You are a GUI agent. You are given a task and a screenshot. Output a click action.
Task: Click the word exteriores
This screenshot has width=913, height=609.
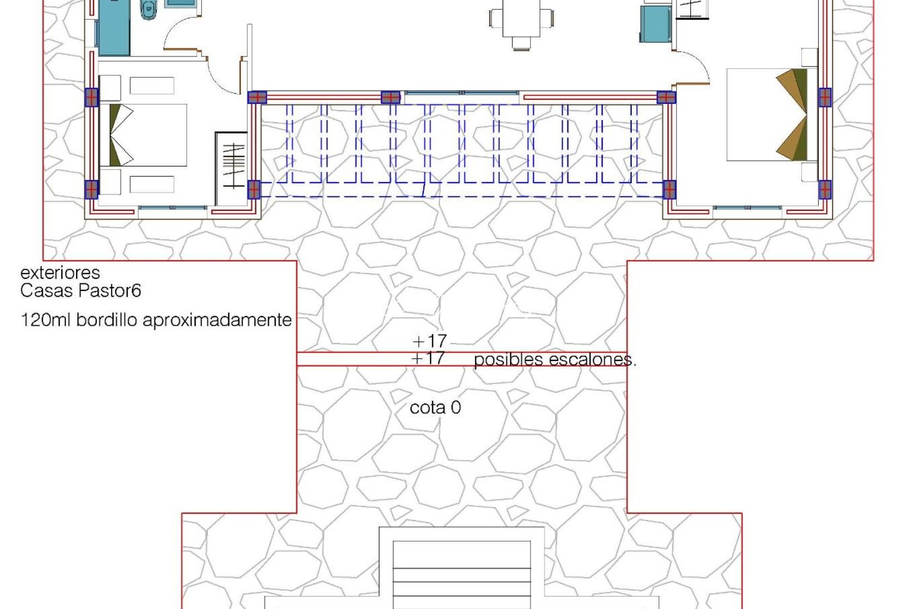click(x=60, y=273)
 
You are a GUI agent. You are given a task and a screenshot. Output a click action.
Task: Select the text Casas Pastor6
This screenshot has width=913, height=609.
click(x=81, y=291)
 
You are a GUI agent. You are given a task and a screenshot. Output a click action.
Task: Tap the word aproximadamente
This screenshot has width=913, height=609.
click(x=217, y=320)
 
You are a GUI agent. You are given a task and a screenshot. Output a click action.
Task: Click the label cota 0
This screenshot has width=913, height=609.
click(x=435, y=408)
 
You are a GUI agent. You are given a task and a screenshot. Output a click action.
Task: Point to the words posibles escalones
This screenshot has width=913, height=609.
click(x=555, y=360)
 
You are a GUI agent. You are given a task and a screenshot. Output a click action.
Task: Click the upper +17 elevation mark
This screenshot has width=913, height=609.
click(x=430, y=341)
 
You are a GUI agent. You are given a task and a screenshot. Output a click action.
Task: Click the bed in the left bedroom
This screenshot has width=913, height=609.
click(x=148, y=135)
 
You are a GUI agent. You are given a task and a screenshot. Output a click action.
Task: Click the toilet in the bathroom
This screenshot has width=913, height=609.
click(x=148, y=10)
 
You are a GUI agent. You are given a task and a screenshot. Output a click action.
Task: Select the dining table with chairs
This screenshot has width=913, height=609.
click(x=521, y=20)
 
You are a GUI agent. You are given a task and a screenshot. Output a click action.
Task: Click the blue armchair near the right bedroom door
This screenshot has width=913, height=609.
click(x=656, y=24)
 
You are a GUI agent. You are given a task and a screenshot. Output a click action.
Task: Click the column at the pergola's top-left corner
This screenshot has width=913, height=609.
click(x=257, y=98)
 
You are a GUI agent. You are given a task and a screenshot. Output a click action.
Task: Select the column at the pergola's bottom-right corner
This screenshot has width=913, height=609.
click(x=669, y=189)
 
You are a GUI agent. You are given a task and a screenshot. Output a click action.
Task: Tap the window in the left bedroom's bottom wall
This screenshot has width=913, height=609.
click(x=172, y=208)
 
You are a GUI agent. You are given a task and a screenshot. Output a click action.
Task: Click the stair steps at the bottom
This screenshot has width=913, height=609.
click(x=462, y=575)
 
